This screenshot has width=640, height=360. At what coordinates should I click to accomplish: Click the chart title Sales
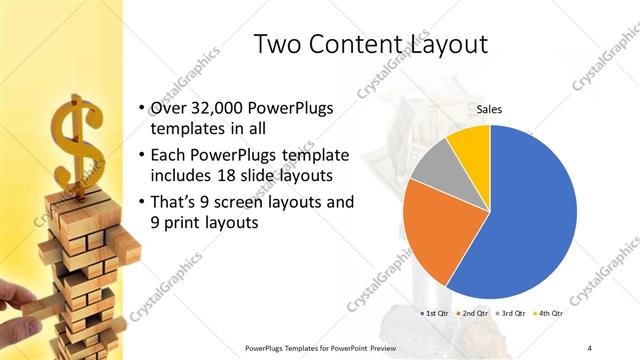click(x=488, y=109)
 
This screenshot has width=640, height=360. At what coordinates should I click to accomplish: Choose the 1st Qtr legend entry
click(x=432, y=314)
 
